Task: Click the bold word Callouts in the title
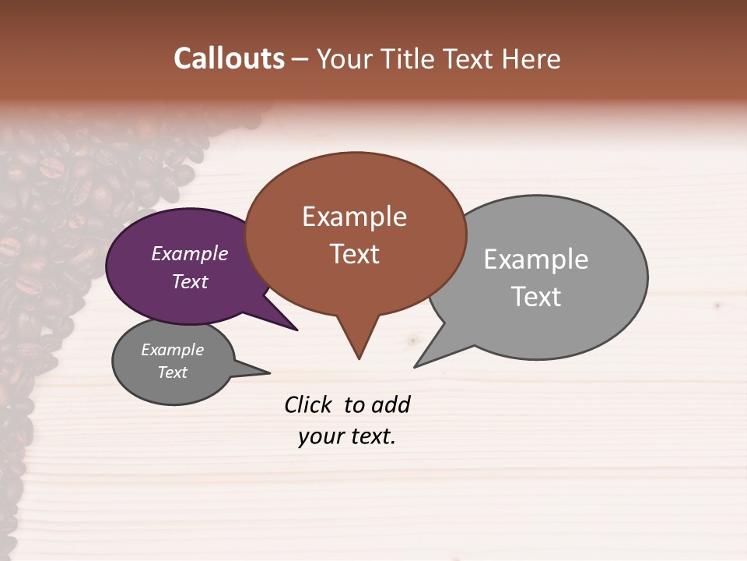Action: coord(229,58)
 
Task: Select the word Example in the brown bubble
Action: coord(354,217)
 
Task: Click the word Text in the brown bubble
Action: coord(354,254)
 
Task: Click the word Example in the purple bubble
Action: coord(189,253)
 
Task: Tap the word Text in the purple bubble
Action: coord(189,281)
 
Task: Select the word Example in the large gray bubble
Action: coord(535,259)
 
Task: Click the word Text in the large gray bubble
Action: coord(535,296)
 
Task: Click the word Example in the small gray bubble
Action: coord(172,350)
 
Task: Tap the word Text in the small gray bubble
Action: coord(172,372)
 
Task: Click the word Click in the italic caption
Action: coord(308,404)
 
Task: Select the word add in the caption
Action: coord(391,404)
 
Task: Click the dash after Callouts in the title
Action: coord(300,59)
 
